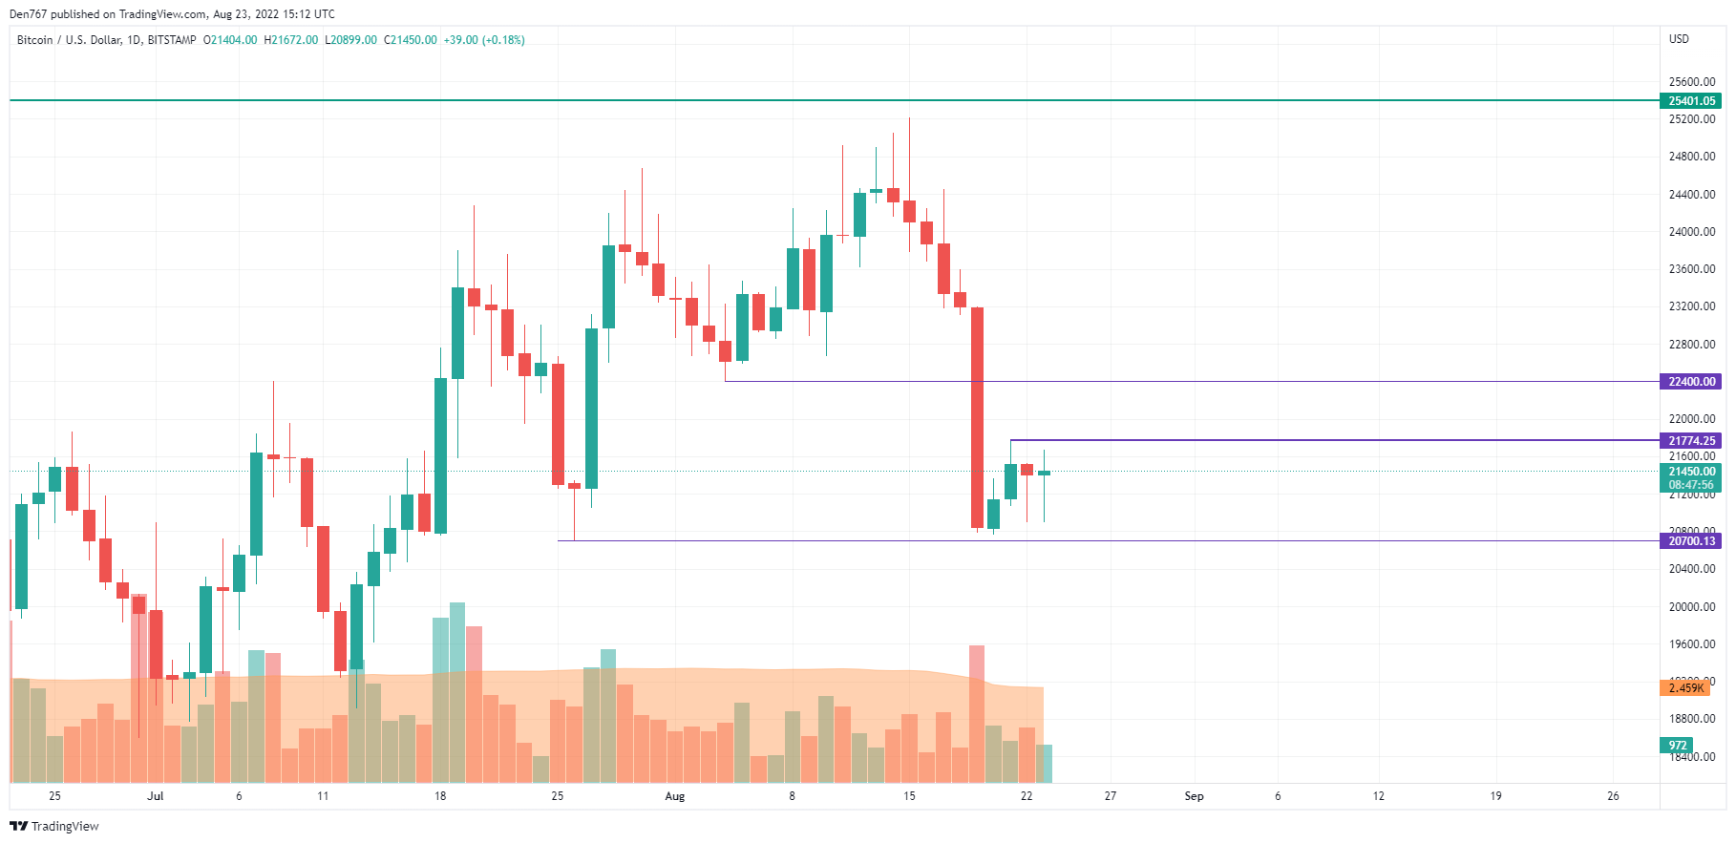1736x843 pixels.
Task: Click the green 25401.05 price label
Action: (1691, 101)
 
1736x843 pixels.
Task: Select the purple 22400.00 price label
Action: (1691, 382)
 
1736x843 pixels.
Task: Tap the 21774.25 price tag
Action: (1691, 441)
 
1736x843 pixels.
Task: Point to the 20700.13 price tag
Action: (1691, 541)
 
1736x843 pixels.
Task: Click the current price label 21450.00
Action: (1691, 472)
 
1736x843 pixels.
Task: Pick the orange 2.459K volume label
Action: (1685, 688)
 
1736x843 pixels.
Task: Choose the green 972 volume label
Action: (1678, 746)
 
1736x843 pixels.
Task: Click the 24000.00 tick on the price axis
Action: (1691, 232)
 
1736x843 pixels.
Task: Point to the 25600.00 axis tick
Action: (1691, 82)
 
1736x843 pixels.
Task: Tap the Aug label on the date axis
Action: (675, 796)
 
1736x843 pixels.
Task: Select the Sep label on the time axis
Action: (1194, 796)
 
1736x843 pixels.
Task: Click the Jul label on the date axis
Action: (156, 796)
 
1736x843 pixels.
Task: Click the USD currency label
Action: (1679, 39)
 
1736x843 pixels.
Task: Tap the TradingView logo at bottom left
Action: (54, 827)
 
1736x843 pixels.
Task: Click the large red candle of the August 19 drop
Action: (977, 417)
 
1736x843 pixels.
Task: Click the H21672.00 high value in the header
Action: (291, 40)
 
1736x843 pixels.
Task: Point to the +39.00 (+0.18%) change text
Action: (484, 40)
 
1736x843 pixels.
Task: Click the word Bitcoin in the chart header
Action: (35, 40)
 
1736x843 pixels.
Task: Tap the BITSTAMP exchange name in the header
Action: (172, 40)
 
